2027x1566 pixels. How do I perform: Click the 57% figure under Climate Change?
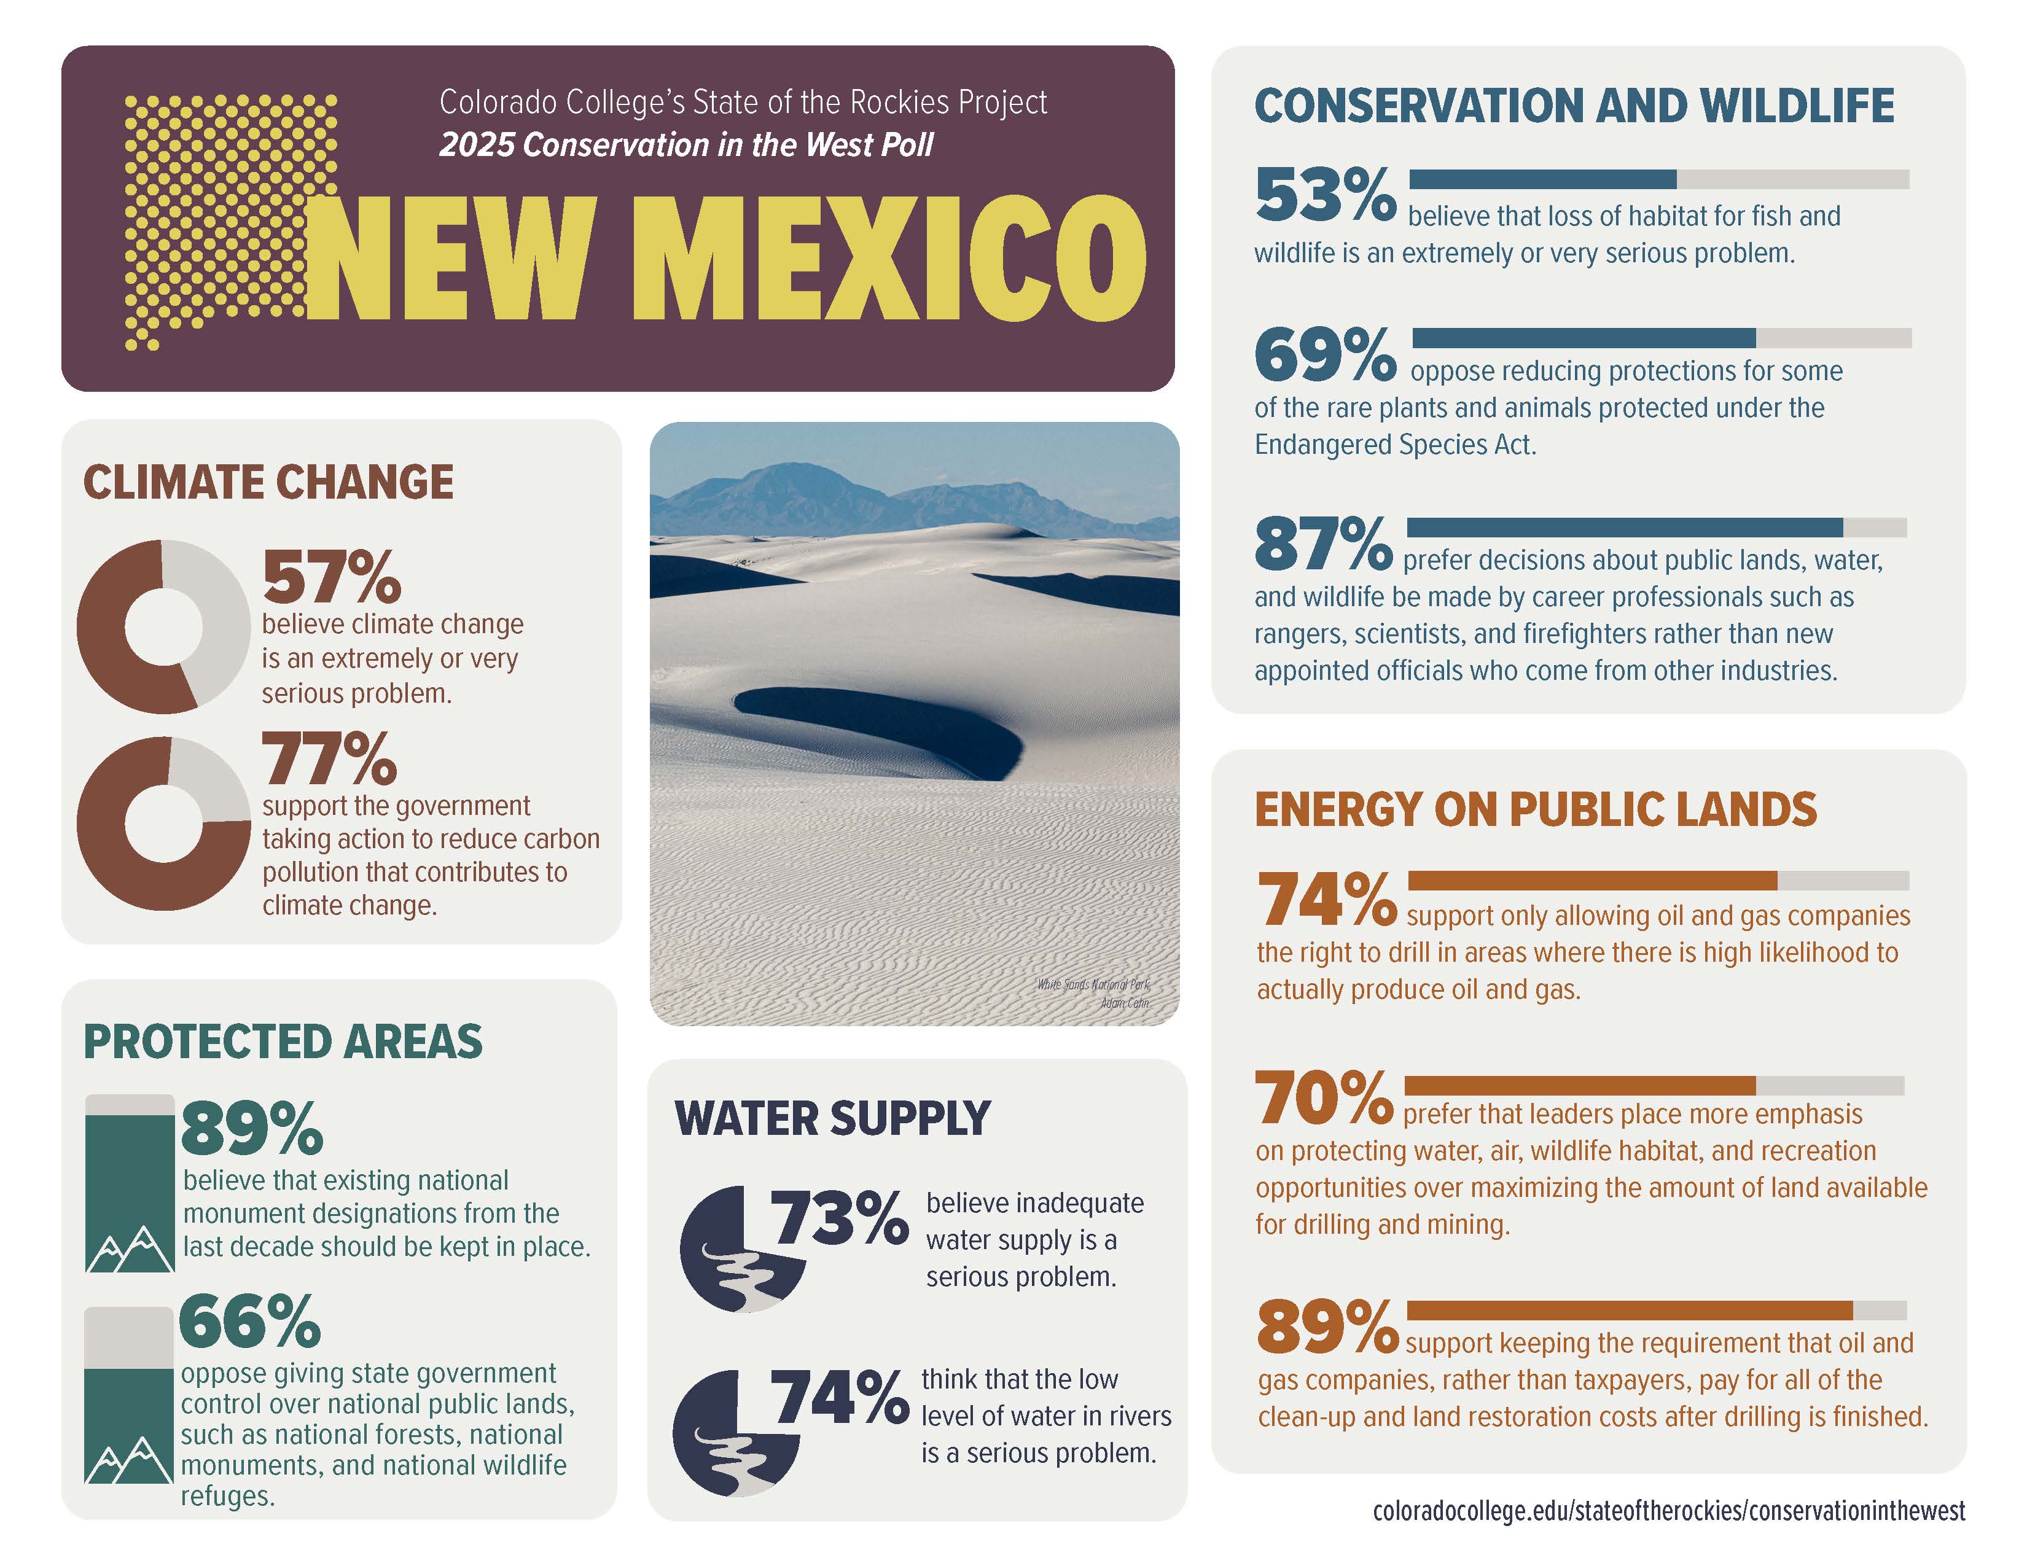coord(331,577)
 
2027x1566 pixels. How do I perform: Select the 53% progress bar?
coord(1658,179)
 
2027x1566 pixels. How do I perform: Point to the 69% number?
coord(1324,356)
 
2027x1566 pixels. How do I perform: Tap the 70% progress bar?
coord(1654,1085)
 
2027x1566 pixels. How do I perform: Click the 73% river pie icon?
coord(743,1249)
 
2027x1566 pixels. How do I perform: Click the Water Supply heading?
coord(832,1118)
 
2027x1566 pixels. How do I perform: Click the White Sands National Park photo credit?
coord(1093,992)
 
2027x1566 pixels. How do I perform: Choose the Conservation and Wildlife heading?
coord(1574,106)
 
